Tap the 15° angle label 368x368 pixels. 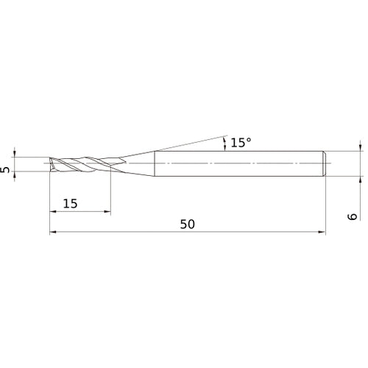tap(241, 143)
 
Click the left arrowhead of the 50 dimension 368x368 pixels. tap(53, 233)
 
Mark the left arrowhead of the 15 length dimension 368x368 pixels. tap(53, 212)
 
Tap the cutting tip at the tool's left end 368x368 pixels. tap(50, 163)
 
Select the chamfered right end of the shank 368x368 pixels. tap(323, 163)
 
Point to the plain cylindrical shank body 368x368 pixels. tap(236, 163)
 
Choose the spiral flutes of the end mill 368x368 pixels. tap(81, 163)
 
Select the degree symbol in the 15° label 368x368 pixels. tap(250, 139)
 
